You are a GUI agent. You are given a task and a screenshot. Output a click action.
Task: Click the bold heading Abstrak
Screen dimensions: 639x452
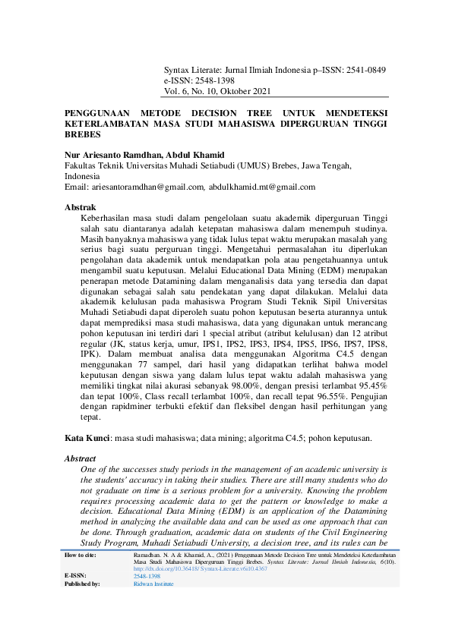click(80, 207)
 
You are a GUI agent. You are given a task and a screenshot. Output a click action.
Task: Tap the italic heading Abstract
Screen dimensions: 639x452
click(81, 458)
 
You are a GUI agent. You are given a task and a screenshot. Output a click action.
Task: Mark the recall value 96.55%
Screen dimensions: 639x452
click(346, 395)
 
